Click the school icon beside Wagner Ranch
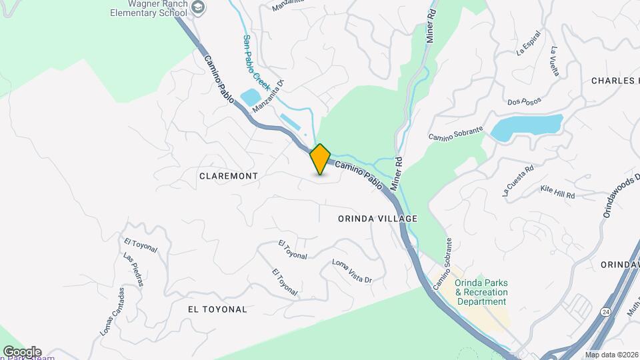(x=198, y=7)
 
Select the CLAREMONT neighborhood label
(x=228, y=175)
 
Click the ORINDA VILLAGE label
(x=377, y=219)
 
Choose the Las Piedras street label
(x=133, y=269)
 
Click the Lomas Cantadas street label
(x=112, y=311)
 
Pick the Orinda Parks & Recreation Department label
(x=481, y=292)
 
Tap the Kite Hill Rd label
(x=557, y=192)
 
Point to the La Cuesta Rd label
(x=518, y=180)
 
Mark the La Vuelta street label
(x=555, y=61)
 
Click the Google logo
(x=22, y=352)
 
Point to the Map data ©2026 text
(x=611, y=355)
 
